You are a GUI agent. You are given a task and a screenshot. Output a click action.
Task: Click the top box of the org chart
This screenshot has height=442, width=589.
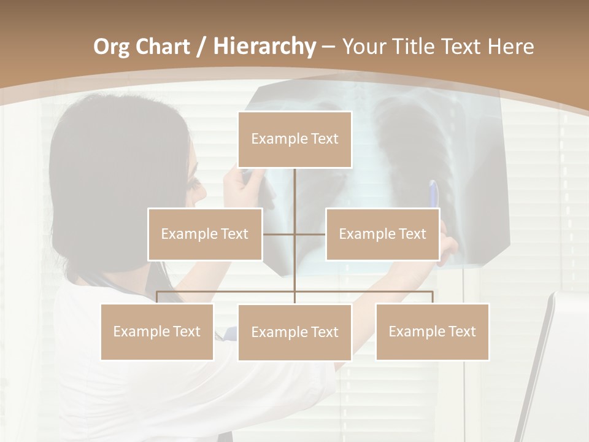coord(294,139)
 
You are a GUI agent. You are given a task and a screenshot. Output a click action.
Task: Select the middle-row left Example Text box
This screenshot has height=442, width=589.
coord(205,234)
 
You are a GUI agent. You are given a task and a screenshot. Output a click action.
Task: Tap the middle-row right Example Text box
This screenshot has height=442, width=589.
coord(382,234)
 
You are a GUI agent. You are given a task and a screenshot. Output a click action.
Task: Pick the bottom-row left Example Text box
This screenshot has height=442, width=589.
coord(157,331)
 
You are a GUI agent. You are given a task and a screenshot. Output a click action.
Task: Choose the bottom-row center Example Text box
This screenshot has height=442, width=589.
coord(294,332)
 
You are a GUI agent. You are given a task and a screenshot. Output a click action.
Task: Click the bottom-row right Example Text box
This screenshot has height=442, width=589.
coord(432,331)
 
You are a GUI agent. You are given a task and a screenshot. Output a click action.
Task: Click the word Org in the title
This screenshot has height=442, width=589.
coord(112,47)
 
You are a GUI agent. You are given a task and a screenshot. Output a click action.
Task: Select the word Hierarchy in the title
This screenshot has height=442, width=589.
coord(264,47)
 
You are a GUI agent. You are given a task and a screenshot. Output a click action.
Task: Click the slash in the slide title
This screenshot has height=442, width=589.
coord(202,47)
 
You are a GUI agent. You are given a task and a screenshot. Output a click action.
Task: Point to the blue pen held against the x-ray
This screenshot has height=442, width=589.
coord(434,193)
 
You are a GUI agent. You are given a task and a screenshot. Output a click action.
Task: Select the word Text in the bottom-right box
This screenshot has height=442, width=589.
coord(461,331)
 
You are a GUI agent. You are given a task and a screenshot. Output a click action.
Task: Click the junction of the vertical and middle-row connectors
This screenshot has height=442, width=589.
coord(294,234)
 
